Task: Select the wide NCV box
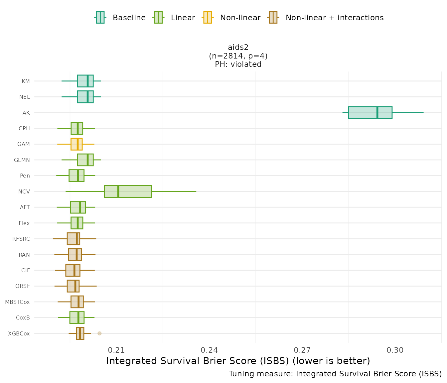(128, 191)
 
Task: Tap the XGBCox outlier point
(99, 333)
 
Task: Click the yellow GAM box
(76, 144)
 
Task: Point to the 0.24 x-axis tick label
(210, 350)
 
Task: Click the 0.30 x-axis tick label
(395, 350)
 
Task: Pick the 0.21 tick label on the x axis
(116, 350)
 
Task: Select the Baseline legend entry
(129, 18)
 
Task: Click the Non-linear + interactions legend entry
(334, 18)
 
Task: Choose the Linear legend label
(183, 18)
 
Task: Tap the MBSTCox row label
(17, 302)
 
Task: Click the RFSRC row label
(21, 239)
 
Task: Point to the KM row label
(26, 81)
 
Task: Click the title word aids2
(238, 47)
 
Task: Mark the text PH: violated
(238, 64)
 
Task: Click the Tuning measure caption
(335, 374)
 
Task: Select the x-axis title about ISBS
(238, 361)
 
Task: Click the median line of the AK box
(377, 112)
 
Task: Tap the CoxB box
(77, 318)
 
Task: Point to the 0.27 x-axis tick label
(302, 350)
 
